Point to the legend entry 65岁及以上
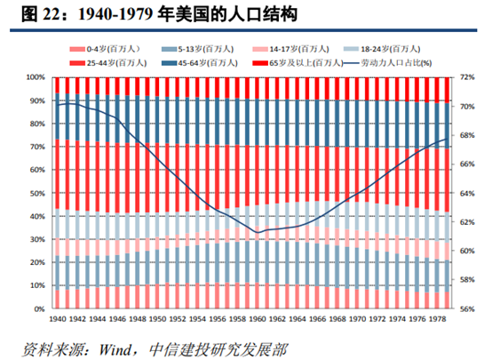click(x=306, y=62)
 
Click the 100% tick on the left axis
click(x=38, y=78)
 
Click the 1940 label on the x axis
click(x=60, y=319)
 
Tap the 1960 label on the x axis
click(x=258, y=319)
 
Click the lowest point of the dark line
click(x=258, y=232)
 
